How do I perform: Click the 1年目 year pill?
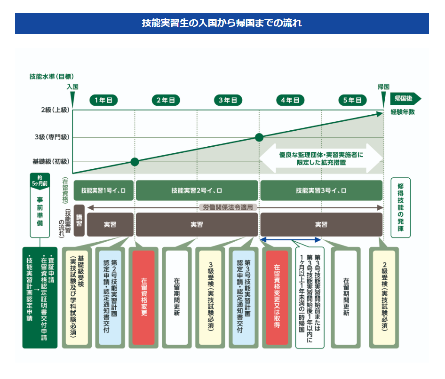pos(103,100)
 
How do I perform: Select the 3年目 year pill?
pos(228,100)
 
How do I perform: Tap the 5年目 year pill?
pos(352,100)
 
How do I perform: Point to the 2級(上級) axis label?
pos(52,110)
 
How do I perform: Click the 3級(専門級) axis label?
pos(52,137)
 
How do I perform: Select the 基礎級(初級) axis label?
pos(50,161)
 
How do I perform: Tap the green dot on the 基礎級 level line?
pos(135,162)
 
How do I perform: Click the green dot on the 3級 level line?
pos(259,137)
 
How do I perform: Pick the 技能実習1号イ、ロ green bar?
pos(103,190)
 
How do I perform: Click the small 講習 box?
pos(79,220)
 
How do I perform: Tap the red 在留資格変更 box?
pos(143,297)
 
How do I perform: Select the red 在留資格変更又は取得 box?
pos(277,297)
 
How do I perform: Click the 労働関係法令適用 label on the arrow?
pos(228,207)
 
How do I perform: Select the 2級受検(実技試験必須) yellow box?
pos(384,297)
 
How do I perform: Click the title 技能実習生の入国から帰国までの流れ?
pos(222,23)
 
